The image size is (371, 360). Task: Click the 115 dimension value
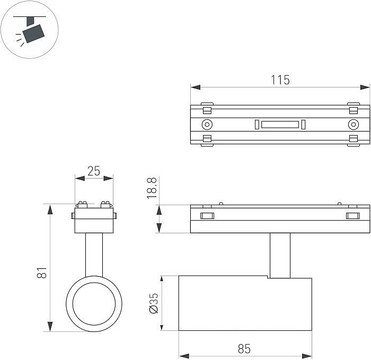click(x=280, y=80)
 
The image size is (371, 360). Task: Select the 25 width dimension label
click(x=94, y=171)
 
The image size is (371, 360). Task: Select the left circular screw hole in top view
click(x=207, y=125)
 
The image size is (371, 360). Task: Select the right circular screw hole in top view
click(x=352, y=125)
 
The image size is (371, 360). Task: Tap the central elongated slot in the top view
click(x=280, y=125)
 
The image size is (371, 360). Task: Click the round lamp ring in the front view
click(x=94, y=303)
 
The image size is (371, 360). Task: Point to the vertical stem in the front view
click(x=94, y=254)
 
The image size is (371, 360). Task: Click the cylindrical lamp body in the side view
click(x=245, y=304)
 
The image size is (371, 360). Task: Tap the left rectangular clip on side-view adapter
click(x=206, y=216)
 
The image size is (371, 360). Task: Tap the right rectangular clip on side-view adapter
click(x=352, y=216)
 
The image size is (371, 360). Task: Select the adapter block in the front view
click(x=94, y=220)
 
